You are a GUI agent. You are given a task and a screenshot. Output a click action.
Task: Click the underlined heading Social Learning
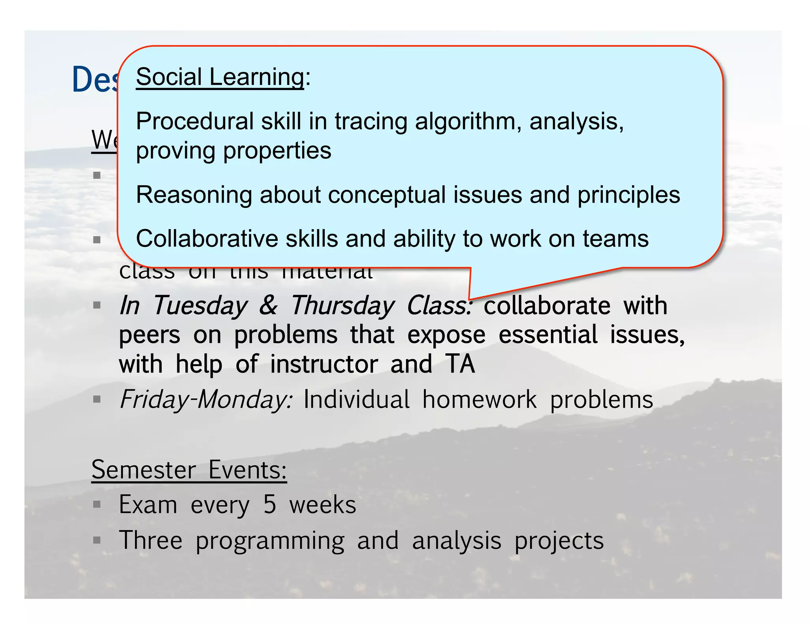220,77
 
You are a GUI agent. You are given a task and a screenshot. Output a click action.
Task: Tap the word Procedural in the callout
194,121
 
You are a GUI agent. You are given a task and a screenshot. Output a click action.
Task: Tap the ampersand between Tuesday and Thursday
268,305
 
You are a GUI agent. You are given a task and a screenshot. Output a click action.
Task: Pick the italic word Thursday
342,305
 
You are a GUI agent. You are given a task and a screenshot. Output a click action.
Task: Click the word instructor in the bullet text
324,364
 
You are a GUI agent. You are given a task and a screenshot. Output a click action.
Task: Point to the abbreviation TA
460,364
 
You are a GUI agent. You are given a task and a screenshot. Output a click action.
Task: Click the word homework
479,399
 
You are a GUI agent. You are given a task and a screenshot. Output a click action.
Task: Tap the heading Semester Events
189,470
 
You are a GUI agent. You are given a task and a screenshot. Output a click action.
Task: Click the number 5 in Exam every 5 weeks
269,505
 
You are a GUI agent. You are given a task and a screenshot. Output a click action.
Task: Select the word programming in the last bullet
270,541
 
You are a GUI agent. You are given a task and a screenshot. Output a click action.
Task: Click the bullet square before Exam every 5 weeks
97,504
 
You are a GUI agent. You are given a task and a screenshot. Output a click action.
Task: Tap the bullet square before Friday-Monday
97,399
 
